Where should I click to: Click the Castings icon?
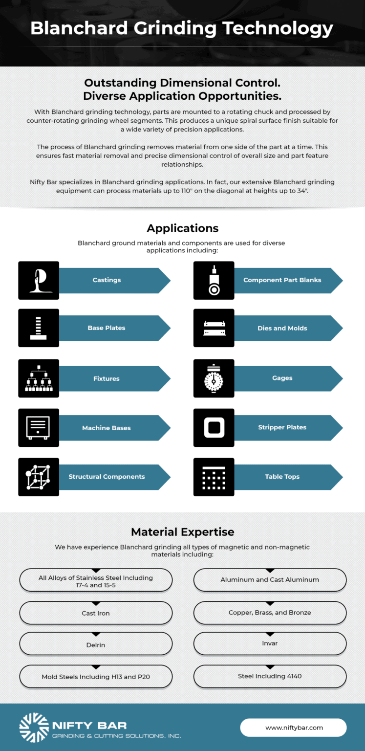pyautogui.click(x=39, y=280)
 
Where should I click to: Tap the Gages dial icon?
pyautogui.click(x=214, y=378)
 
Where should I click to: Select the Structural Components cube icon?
pyautogui.click(x=39, y=477)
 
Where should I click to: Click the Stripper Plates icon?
pyautogui.click(x=214, y=427)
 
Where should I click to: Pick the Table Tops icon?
pyautogui.click(x=214, y=477)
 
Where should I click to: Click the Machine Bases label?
pyautogui.click(x=107, y=428)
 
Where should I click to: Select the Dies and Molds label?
pyautogui.click(x=282, y=328)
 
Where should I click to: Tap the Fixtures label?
pyautogui.click(x=107, y=378)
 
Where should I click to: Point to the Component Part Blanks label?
pyautogui.click(x=282, y=280)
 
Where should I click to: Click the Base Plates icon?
pyautogui.click(x=39, y=328)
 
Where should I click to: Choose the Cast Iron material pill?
pyautogui.click(x=96, y=613)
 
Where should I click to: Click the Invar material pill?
pyautogui.click(x=270, y=643)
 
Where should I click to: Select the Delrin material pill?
pyautogui.click(x=96, y=645)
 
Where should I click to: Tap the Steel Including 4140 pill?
pyautogui.click(x=270, y=676)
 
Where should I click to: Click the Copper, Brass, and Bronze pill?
pyautogui.click(x=270, y=613)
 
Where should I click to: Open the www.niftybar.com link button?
pyautogui.click(x=294, y=728)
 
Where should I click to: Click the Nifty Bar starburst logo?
pyautogui.click(x=34, y=727)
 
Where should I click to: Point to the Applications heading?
pyautogui.click(x=182, y=228)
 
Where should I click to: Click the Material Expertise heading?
pyautogui.click(x=182, y=532)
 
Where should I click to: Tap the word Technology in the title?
pyautogui.click(x=278, y=28)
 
